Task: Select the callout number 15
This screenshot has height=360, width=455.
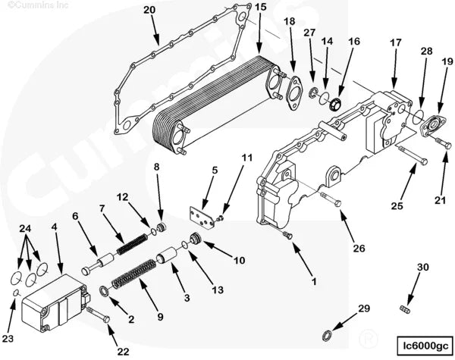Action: pos(260,8)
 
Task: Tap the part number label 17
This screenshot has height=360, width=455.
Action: pos(395,44)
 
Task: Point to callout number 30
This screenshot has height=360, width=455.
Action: pos(422,267)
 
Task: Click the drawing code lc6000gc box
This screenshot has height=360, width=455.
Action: pos(419,346)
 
